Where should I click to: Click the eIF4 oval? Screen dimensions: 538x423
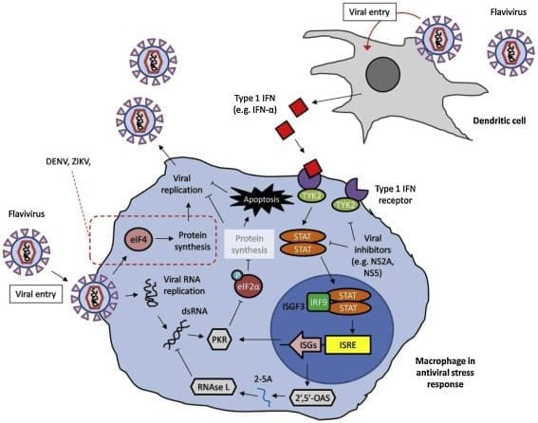[x=139, y=239]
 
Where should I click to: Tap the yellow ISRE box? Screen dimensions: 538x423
[x=347, y=345]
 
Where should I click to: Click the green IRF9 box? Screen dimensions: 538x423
[x=319, y=302]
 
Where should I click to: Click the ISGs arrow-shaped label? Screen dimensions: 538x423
[x=306, y=345]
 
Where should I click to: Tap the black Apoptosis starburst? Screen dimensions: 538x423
[x=261, y=199]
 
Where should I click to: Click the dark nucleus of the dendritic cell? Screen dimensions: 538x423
[x=382, y=74]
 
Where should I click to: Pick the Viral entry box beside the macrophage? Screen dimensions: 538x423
[x=36, y=294]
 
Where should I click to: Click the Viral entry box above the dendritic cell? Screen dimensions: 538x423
[x=369, y=12]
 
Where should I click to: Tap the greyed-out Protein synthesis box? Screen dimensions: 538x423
[x=250, y=244]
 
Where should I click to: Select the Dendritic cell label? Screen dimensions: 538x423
[x=499, y=120]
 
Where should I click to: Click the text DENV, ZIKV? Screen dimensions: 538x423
[x=68, y=161]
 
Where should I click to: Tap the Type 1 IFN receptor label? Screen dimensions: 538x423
[x=395, y=194]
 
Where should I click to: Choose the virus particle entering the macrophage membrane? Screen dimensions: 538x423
[x=94, y=297]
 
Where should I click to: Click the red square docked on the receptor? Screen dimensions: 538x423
[x=312, y=168]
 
